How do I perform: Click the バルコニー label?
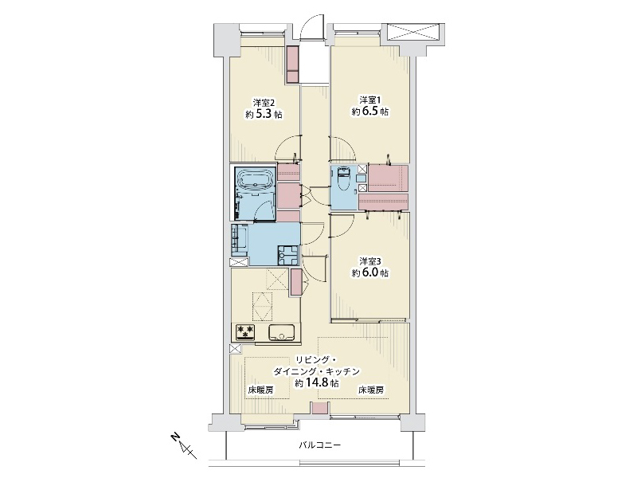(320, 445)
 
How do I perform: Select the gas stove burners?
(245, 331)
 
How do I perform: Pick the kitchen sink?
(281, 332)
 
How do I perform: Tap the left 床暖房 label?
(260, 390)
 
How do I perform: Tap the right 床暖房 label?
(370, 390)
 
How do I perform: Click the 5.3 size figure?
(264, 114)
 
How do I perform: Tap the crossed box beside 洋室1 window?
(413, 32)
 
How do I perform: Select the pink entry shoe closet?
(292, 65)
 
